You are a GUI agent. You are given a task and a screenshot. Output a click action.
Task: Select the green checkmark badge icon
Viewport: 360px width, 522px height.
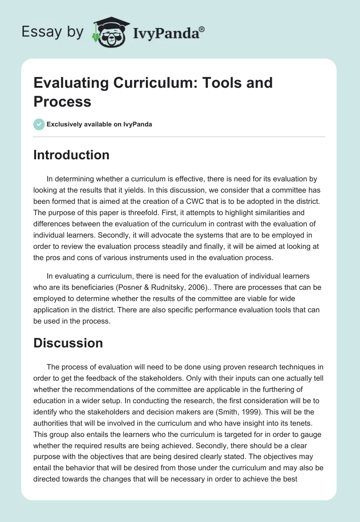coord(39,124)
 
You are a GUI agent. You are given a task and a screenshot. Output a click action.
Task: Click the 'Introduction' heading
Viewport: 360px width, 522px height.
coord(72,155)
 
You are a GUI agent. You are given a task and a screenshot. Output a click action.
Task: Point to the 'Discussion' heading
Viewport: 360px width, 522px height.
coord(68,343)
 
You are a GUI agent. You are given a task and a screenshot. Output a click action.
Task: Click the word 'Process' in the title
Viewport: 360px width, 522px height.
coord(63,102)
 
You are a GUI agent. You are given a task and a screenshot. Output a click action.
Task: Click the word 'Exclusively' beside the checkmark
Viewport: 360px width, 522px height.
coord(63,124)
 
